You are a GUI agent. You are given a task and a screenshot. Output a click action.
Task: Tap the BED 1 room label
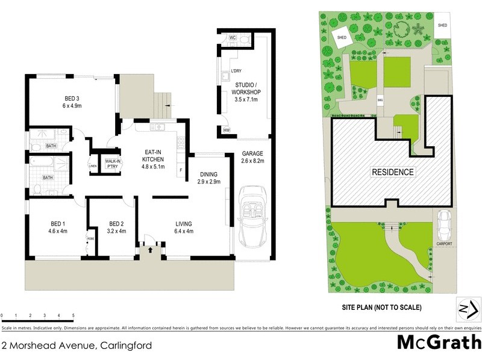pos(57,227)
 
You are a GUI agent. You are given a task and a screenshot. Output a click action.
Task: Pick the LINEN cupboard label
pos(92,166)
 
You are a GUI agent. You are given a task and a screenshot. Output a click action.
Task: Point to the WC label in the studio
pos(233,38)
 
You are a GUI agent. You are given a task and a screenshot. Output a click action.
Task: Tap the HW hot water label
pos(227,130)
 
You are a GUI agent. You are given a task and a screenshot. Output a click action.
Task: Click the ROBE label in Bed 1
pos(91,238)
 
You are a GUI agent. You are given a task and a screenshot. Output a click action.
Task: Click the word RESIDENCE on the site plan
pos(392,172)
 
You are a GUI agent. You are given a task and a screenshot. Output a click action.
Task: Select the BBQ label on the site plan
pos(380,100)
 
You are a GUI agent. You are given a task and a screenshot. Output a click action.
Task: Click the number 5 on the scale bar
pos(73,315)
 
